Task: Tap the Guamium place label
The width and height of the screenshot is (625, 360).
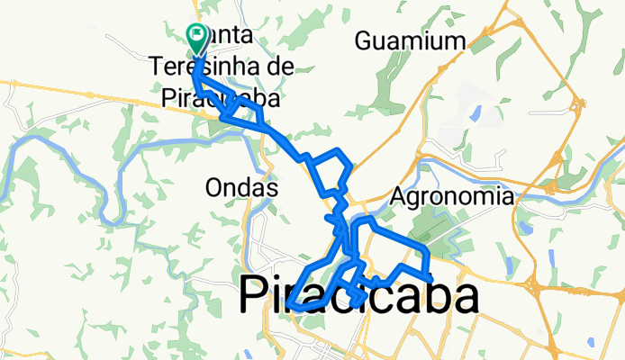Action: (410, 40)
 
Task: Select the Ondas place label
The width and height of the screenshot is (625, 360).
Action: (240, 189)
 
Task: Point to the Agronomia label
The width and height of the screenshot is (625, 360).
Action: (453, 196)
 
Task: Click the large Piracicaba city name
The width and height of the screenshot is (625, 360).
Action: (358, 298)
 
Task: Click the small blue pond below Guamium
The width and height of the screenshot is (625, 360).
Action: (475, 113)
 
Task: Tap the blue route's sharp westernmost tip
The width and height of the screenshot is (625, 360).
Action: (292, 309)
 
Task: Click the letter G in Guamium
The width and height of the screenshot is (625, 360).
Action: (363, 40)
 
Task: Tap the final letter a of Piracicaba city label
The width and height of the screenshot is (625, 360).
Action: (465, 298)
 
